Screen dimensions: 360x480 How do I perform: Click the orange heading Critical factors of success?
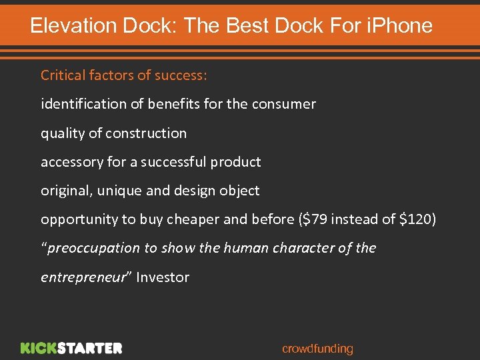(x=124, y=75)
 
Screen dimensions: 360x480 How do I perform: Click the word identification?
(x=83, y=104)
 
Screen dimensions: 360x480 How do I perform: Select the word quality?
(x=63, y=133)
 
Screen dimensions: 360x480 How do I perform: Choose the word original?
(x=67, y=191)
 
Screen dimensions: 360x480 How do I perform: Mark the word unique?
(x=119, y=191)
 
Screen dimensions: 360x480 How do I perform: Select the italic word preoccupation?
(x=92, y=248)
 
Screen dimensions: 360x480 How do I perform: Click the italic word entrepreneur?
(x=83, y=277)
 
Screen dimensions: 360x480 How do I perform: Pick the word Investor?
(x=162, y=277)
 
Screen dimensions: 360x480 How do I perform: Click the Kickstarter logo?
(x=71, y=348)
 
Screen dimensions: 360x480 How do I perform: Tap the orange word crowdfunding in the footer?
(x=317, y=349)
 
